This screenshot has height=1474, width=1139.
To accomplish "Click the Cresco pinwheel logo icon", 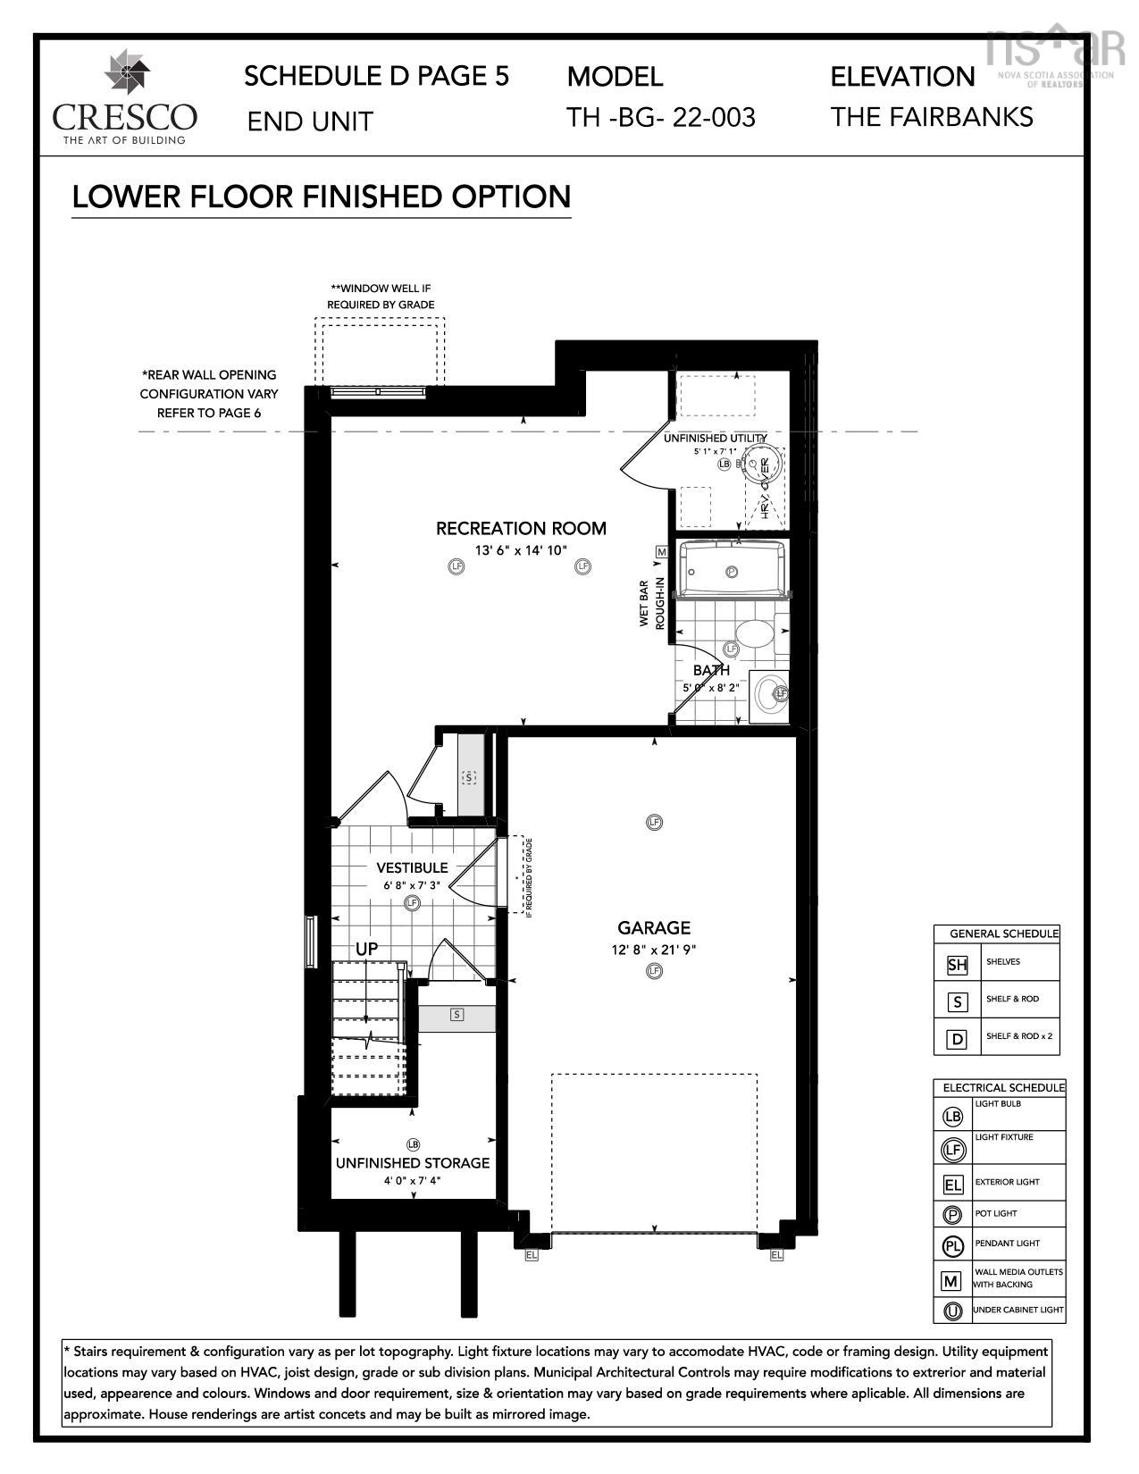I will [x=125, y=76].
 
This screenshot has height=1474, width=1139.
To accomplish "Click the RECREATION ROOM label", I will [x=521, y=528].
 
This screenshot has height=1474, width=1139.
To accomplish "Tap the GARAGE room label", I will [x=654, y=928].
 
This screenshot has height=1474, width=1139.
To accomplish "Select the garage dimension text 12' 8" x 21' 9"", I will [x=654, y=950].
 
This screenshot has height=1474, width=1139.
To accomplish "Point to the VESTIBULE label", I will [x=412, y=867].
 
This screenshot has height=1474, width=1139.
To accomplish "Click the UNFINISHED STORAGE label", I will [x=413, y=1163].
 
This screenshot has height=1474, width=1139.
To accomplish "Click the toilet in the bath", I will [x=756, y=636].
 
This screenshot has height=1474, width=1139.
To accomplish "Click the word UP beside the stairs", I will [x=366, y=949].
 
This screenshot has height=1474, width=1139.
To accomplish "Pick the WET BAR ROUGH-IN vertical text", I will [x=651, y=604].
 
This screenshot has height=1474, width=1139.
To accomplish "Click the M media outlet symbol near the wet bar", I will [x=662, y=552].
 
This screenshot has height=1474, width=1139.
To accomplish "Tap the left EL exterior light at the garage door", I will [x=532, y=1255].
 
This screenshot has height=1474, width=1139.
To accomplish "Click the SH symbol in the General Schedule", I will [x=957, y=964].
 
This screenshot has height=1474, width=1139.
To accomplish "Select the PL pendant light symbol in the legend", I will [x=952, y=1245].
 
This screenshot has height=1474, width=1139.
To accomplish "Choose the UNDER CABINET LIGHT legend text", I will [x=1018, y=1310].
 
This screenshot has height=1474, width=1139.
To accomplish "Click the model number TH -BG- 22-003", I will [x=661, y=117].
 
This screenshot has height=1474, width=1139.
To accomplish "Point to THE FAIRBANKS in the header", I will [x=932, y=117].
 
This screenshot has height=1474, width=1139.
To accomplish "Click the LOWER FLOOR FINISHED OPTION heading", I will [x=321, y=197].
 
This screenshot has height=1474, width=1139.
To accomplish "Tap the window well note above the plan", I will [x=381, y=297].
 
